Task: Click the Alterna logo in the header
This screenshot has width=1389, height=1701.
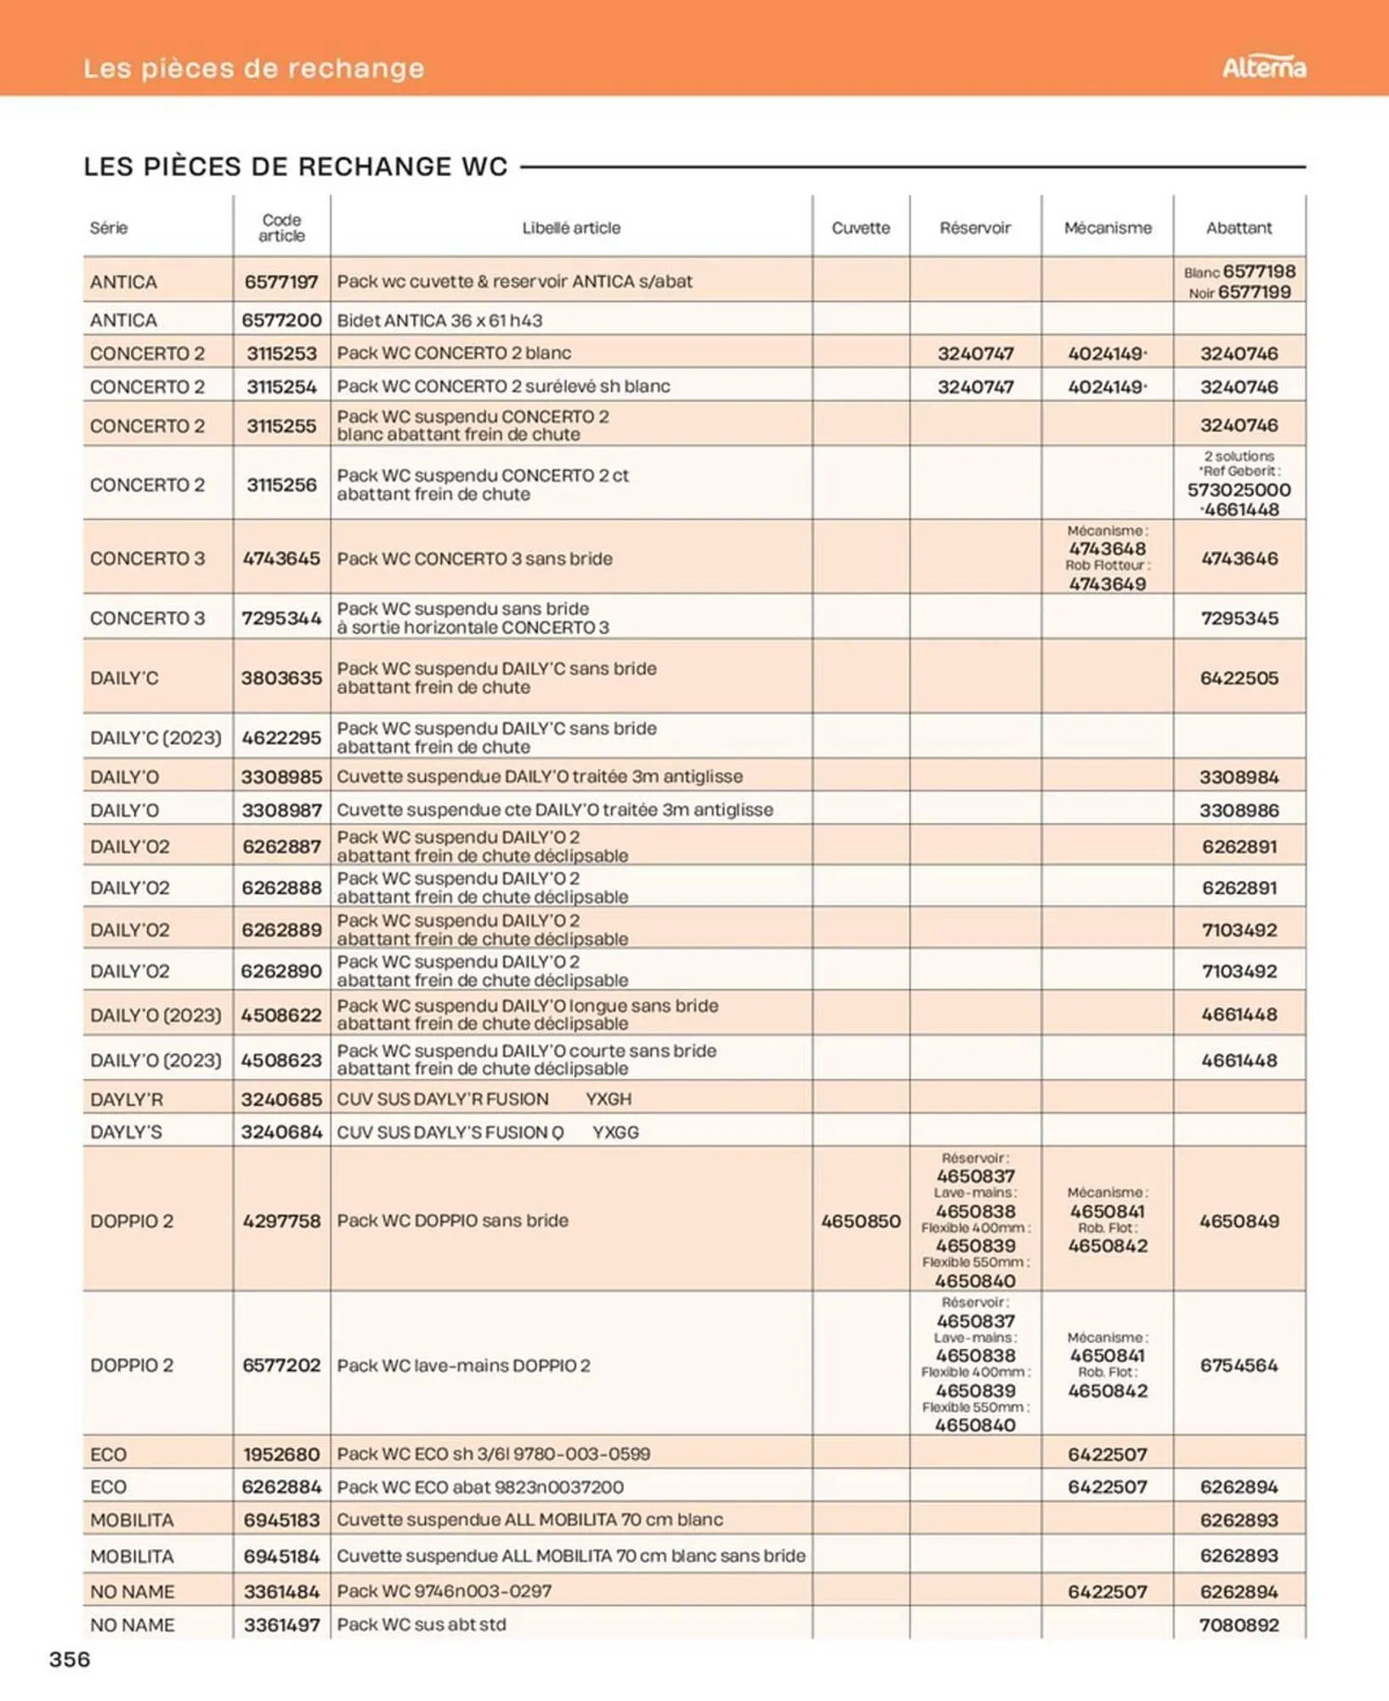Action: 1263,67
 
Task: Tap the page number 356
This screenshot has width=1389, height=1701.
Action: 70,1659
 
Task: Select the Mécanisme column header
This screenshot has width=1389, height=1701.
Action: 1107,228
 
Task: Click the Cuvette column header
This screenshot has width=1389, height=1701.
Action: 860,228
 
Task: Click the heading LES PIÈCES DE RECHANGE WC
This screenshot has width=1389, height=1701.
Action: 295,167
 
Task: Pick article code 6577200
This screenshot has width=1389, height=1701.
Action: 281,321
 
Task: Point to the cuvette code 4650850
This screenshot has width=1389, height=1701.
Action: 860,1221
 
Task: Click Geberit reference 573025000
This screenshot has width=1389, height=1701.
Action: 1239,490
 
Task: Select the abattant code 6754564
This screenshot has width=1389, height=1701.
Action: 1239,1365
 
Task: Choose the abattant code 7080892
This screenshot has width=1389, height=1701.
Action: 1239,1625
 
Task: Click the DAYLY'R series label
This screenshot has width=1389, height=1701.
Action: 126,1100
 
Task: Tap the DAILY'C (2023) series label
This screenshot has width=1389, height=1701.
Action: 156,737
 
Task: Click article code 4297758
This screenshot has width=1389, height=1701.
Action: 281,1221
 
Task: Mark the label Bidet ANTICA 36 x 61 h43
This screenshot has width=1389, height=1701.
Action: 439,321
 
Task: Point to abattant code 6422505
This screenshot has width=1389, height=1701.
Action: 1239,678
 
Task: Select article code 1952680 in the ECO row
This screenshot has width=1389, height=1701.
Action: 281,1454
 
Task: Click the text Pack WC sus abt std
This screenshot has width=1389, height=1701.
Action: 421,1624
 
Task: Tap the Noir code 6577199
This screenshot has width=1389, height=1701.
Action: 1254,293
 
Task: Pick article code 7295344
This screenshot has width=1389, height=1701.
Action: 281,618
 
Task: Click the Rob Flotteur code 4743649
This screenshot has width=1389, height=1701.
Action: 1107,584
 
